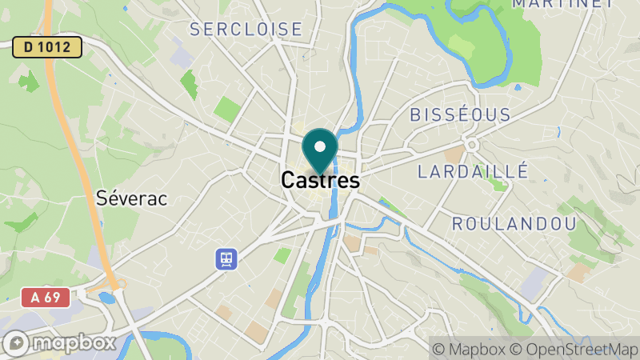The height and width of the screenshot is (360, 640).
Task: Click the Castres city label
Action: (320, 181)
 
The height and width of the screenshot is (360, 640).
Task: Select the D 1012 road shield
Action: (47, 47)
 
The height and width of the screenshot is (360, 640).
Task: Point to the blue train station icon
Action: (226, 258)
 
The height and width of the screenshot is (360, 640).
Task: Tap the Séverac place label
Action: (131, 198)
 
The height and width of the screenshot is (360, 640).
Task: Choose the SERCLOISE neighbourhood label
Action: (246, 30)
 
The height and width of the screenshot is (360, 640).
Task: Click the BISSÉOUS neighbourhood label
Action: (460, 114)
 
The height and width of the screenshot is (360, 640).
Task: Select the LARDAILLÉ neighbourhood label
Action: (474, 170)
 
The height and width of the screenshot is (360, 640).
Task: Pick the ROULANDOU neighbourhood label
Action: (514, 223)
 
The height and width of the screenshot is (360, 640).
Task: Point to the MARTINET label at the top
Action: (562, 4)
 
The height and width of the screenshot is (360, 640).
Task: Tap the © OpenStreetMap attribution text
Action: (578, 349)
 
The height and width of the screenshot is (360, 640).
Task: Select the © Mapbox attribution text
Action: (470, 349)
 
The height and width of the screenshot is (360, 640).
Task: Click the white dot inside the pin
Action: (321, 146)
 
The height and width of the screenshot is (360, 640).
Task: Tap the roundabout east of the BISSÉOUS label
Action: (473, 143)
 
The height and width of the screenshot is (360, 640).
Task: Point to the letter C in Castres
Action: (290, 181)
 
